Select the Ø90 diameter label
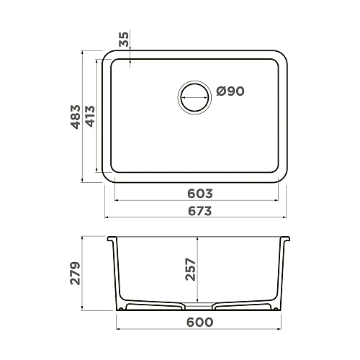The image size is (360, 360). (230, 91)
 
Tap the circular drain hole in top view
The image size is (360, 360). (194, 94)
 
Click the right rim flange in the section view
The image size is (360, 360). (285, 238)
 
